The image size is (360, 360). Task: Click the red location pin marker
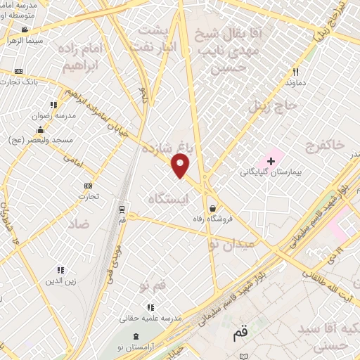[x=181, y=166]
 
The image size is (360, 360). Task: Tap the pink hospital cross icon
[x=271, y=162]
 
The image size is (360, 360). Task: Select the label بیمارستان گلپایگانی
[x=270, y=172]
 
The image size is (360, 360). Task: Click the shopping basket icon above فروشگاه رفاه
[x=212, y=207]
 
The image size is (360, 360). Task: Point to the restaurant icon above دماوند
[x=295, y=72]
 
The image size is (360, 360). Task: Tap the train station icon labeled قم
[x=122, y=210]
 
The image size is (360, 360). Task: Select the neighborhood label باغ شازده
[x=172, y=149]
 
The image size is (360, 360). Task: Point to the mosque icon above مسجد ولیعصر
[x=40, y=129]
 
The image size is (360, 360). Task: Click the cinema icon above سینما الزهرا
[x=25, y=30]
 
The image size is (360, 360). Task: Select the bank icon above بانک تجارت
[x=18, y=72]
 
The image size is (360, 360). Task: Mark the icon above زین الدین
[x=60, y=270]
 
